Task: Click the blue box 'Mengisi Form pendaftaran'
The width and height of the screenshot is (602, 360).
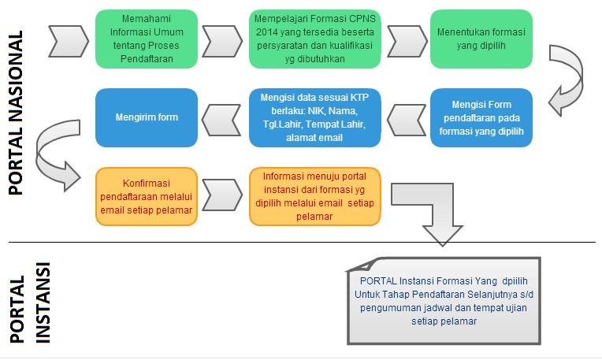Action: coord(481,117)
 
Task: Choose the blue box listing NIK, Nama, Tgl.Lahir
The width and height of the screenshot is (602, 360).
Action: coord(314,117)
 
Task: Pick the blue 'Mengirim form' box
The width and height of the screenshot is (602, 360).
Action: coord(146,117)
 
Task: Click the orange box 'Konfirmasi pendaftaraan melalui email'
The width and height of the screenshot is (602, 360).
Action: coord(146,196)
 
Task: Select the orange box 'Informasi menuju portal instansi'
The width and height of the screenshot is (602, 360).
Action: coord(314,196)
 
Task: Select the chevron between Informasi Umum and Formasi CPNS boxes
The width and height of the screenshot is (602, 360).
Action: coord(224,35)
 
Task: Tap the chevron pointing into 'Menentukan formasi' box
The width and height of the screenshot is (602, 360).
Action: coord(406,35)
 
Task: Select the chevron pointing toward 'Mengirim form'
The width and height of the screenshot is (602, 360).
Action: coord(224,118)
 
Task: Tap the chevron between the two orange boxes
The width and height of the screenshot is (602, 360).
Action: coord(224,192)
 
